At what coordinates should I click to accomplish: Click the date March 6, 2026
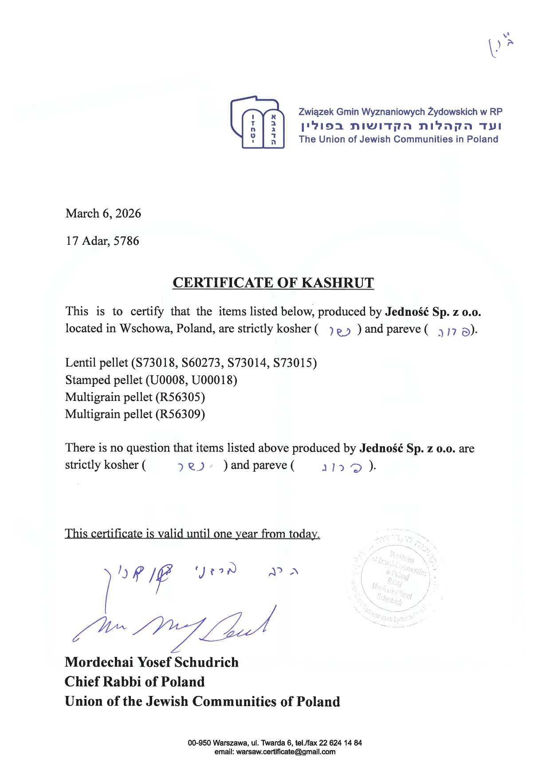[x=103, y=213]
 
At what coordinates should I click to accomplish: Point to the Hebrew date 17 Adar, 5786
[x=102, y=241]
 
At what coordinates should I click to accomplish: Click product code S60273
[x=204, y=363]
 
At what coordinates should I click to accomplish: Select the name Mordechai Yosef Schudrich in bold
[x=152, y=662]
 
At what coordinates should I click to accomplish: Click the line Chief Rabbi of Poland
[x=135, y=682]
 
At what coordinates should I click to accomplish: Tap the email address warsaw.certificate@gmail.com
[x=286, y=752]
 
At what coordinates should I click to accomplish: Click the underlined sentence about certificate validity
[x=192, y=533]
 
